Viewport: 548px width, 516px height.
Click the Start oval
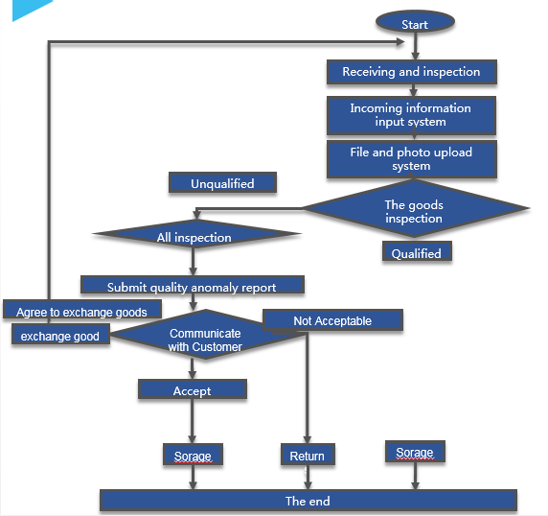pos(415,22)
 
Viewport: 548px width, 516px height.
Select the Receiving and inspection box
pos(412,72)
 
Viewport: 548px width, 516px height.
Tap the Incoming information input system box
pos(411,115)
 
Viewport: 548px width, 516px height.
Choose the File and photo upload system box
pos(412,159)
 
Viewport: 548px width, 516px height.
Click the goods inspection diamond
pos(415,208)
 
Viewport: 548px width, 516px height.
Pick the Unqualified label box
pos(222,182)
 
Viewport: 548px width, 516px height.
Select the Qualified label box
pos(417,251)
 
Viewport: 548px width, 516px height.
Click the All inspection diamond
pos(194,234)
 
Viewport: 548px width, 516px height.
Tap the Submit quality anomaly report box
pos(193,285)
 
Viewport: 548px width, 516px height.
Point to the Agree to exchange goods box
pos(82,309)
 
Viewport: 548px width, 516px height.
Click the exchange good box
pos(60,334)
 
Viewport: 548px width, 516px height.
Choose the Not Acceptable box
pos(332,319)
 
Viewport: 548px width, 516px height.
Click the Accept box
pos(193,389)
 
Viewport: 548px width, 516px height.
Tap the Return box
pos(308,454)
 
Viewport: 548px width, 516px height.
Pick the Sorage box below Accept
pos(193,454)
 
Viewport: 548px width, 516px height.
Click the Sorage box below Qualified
pos(415,452)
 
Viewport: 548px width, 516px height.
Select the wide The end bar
pos(308,501)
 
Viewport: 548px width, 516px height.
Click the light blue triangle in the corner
pos(29,9)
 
